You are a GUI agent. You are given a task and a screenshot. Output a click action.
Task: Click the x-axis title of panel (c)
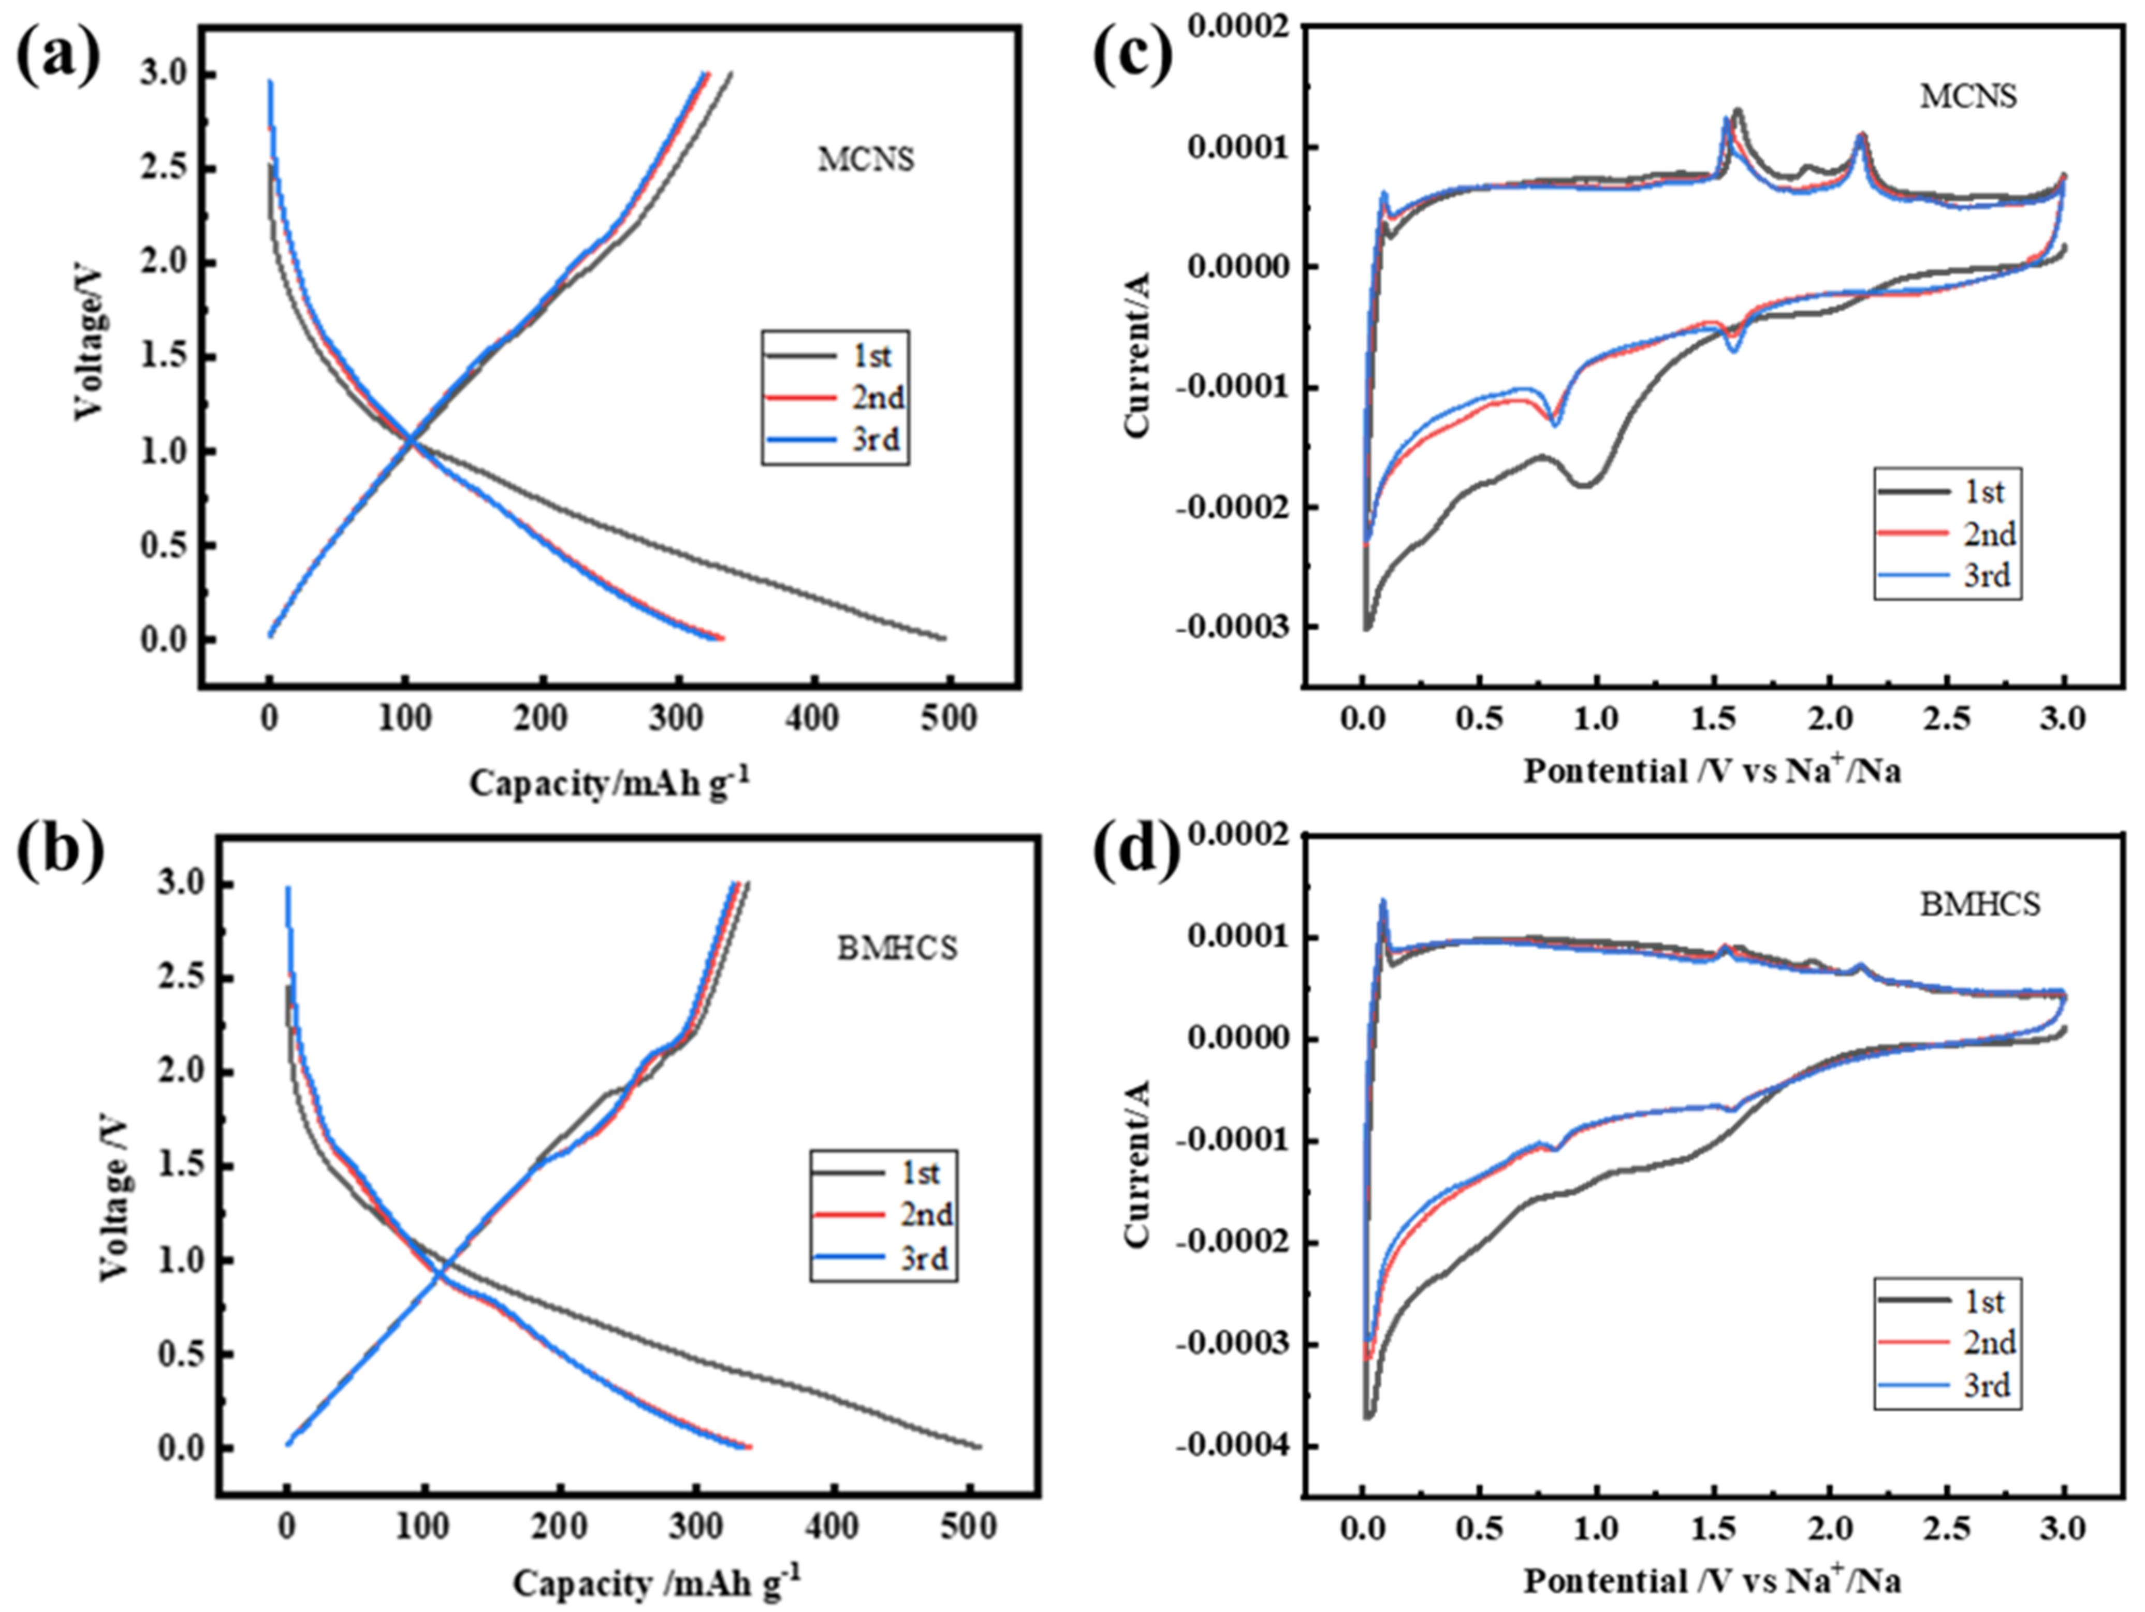coord(1713,771)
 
